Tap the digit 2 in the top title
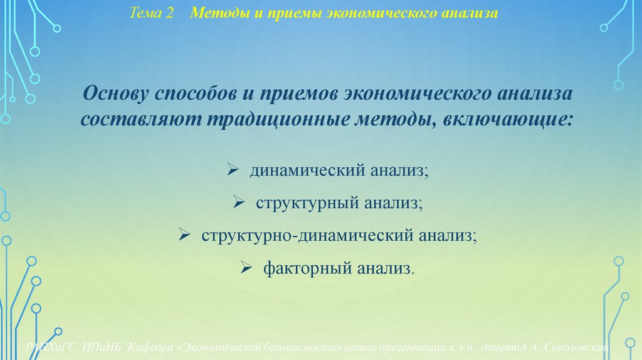click(x=169, y=13)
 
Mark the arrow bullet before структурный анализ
click(x=238, y=203)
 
